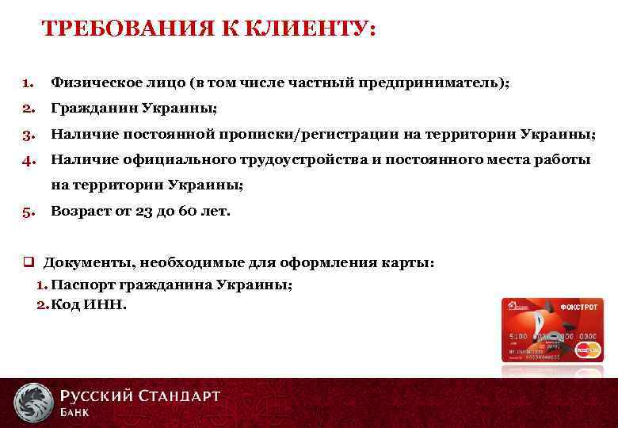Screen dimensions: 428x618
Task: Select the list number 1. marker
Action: (28, 82)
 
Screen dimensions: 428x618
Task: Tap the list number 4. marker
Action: (28, 160)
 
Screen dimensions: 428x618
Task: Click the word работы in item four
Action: (563, 160)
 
